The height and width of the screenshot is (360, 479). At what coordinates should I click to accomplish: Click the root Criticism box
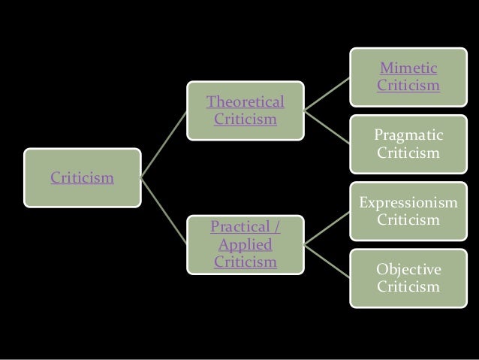[82, 178]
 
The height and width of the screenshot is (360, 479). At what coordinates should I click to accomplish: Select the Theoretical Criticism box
[246, 110]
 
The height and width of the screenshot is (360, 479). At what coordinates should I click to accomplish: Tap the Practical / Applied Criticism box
[246, 244]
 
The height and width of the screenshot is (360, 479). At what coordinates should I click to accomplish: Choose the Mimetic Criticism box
[408, 77]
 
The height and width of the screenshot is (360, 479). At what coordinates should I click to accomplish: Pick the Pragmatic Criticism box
[408, 144]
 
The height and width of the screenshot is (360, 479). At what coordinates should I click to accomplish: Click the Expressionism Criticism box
[408, 211]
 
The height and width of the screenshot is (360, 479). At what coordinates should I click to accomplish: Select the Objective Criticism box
[408, 278]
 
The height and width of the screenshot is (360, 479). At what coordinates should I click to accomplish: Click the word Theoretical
[246, 101]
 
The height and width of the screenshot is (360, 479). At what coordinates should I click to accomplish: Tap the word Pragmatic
[408, 135]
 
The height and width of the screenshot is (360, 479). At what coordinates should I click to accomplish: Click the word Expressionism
[408, 203]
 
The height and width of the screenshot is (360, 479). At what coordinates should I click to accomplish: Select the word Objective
[408, 270]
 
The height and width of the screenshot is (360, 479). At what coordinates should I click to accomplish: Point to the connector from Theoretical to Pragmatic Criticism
[327, 127]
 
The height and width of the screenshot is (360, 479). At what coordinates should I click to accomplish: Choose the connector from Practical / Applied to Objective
[327, 261]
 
